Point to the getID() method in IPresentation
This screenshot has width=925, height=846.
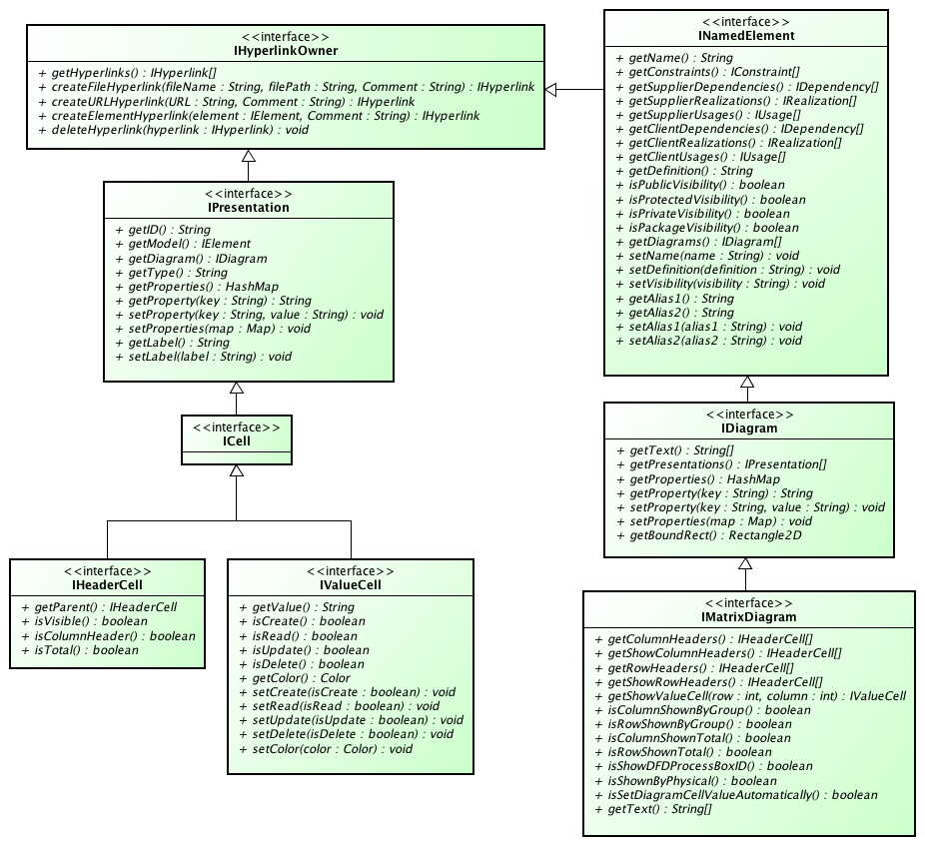163,230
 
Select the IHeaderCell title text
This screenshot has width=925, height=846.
108,585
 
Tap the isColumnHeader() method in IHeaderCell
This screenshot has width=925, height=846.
108,635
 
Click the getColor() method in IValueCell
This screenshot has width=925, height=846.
288,678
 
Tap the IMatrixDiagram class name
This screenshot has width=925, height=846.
749,617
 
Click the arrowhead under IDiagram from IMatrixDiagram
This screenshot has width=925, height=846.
745,564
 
